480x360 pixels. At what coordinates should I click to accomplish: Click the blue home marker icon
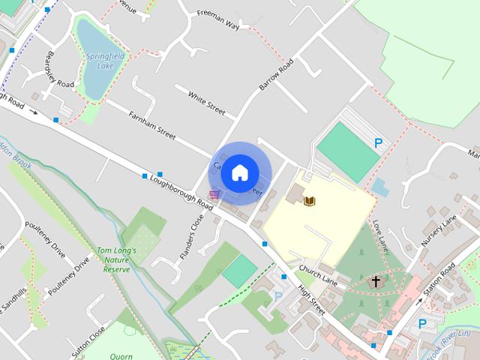pyautogui.click(x=238, y=172)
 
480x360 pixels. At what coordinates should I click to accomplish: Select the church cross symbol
pyautogui.click(x=376, y=281)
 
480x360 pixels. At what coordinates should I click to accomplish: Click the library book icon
pyautogui.click(x=310, y=200)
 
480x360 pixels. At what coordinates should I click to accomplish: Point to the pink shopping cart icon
pyautogui.click(x=215, y=195)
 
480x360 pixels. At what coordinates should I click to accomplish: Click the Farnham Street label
pyautogui.click(x=151, y=124)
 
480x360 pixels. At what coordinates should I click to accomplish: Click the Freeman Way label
pyautogui.click(x=217, y=20)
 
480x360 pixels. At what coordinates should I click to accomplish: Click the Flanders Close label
pyautogui.click(x=192, y=238)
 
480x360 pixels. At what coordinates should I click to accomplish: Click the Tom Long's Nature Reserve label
pyautogui.click(x=116, y=259)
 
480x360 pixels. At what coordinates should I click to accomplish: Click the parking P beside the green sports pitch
pyautogui.click(x=379, y=142)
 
